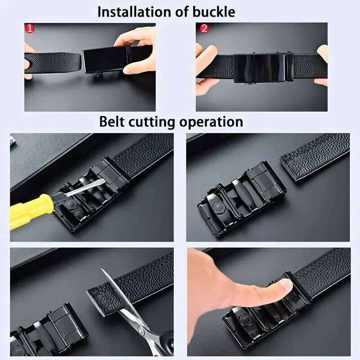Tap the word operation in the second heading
pos(212,121)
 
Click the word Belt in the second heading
pos(111,121)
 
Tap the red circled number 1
pos(30,29)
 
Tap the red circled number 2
pos(204,29)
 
